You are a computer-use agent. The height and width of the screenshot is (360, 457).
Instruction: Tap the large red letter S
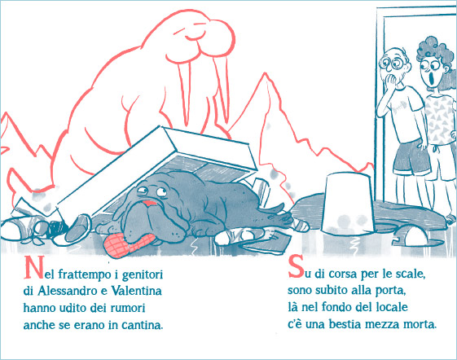pos(297,266)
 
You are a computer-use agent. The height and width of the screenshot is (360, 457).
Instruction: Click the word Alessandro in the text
pos(67,291)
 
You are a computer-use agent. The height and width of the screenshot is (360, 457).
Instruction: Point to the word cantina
pos(143,325)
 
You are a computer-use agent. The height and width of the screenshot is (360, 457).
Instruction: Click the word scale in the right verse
pos(411,274)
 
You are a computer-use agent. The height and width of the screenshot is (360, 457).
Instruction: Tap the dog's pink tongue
pos(149,203)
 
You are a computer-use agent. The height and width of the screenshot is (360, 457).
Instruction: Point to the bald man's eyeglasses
pos(393,64)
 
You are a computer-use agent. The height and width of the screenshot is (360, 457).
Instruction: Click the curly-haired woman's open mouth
pos(433,77)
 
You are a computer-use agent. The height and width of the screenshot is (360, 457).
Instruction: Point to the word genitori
pos(143,274)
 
